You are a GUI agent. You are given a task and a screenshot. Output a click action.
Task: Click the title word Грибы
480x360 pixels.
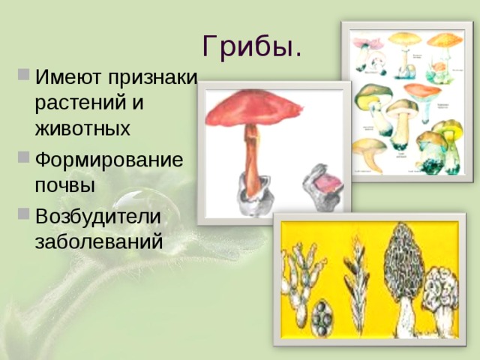point(252,48)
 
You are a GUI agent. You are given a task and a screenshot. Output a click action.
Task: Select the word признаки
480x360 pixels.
point(153,78)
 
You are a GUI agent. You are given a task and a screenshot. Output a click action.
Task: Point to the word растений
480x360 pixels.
point(82,103)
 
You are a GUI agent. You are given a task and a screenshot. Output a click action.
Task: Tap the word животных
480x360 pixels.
point(82,128)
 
